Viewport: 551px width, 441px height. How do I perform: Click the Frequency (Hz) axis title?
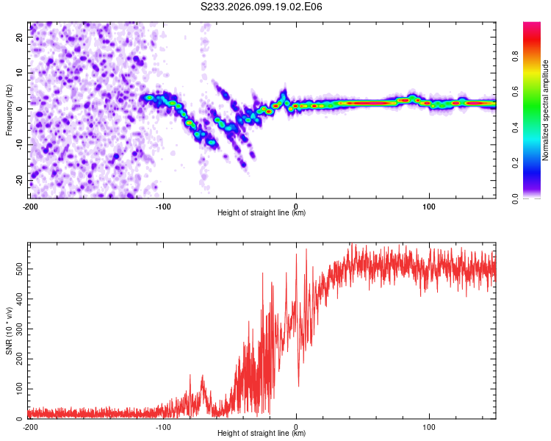[10, 110]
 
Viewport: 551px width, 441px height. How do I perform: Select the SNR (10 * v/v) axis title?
[10, 330]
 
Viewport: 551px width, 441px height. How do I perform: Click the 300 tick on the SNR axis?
[18, 329]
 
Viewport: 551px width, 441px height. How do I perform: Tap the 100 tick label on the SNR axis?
[18, 388]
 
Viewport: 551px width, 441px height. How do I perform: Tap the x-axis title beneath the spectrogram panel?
[262, 213]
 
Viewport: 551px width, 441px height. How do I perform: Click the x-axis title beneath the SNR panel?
[262, 434]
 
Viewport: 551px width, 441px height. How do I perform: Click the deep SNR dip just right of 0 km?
[298, 386]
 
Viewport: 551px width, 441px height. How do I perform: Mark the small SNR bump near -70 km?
[202, 376]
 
